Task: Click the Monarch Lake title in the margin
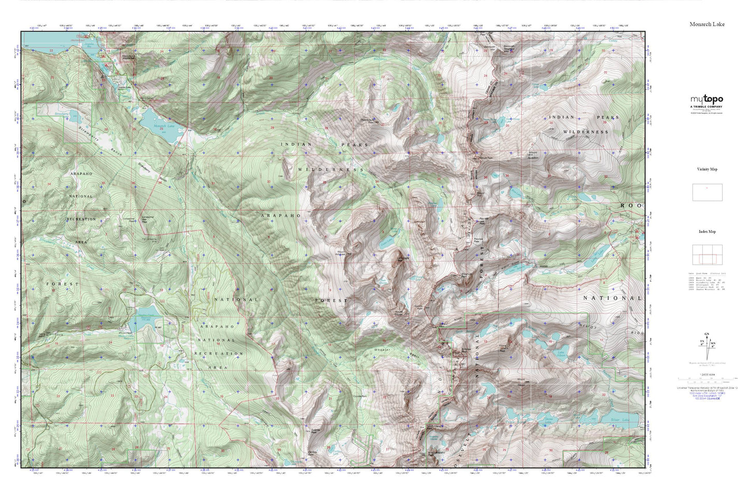coord(707,24)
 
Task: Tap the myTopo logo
coord(706,99)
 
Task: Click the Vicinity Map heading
coord(707,169)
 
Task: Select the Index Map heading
coord(707,232)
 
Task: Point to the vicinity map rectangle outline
coord(707,192)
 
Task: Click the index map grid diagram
coord(707,254)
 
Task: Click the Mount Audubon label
coord(534,155)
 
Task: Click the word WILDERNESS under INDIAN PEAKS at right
coord(585,132)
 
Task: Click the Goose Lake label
coord(549,419)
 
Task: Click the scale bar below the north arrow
coord(706,380)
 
